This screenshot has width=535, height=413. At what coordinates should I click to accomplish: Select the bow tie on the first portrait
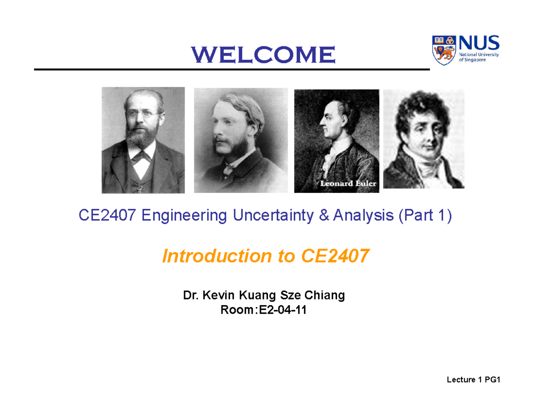143,156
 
